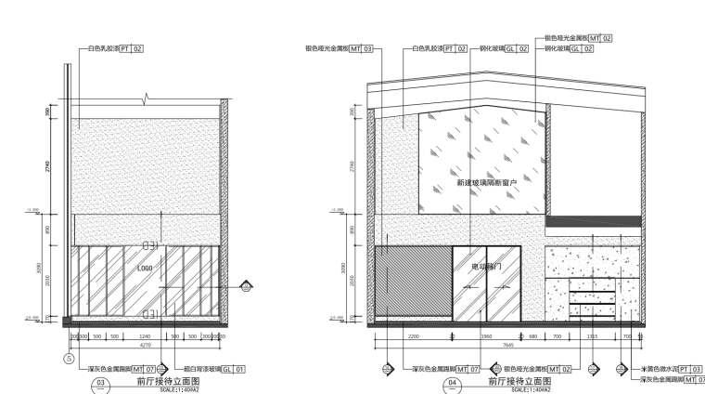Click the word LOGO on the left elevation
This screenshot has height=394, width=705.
[x=144, y=268]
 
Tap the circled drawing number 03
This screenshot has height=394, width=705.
[x=102, y=384]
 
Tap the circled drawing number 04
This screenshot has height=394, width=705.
[x=452, y=384]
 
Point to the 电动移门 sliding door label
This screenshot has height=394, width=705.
[x=486, y=267]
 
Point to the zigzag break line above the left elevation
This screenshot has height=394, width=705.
[x=146, y=96]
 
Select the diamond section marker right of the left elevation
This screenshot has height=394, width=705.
[x=246, y=285]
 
